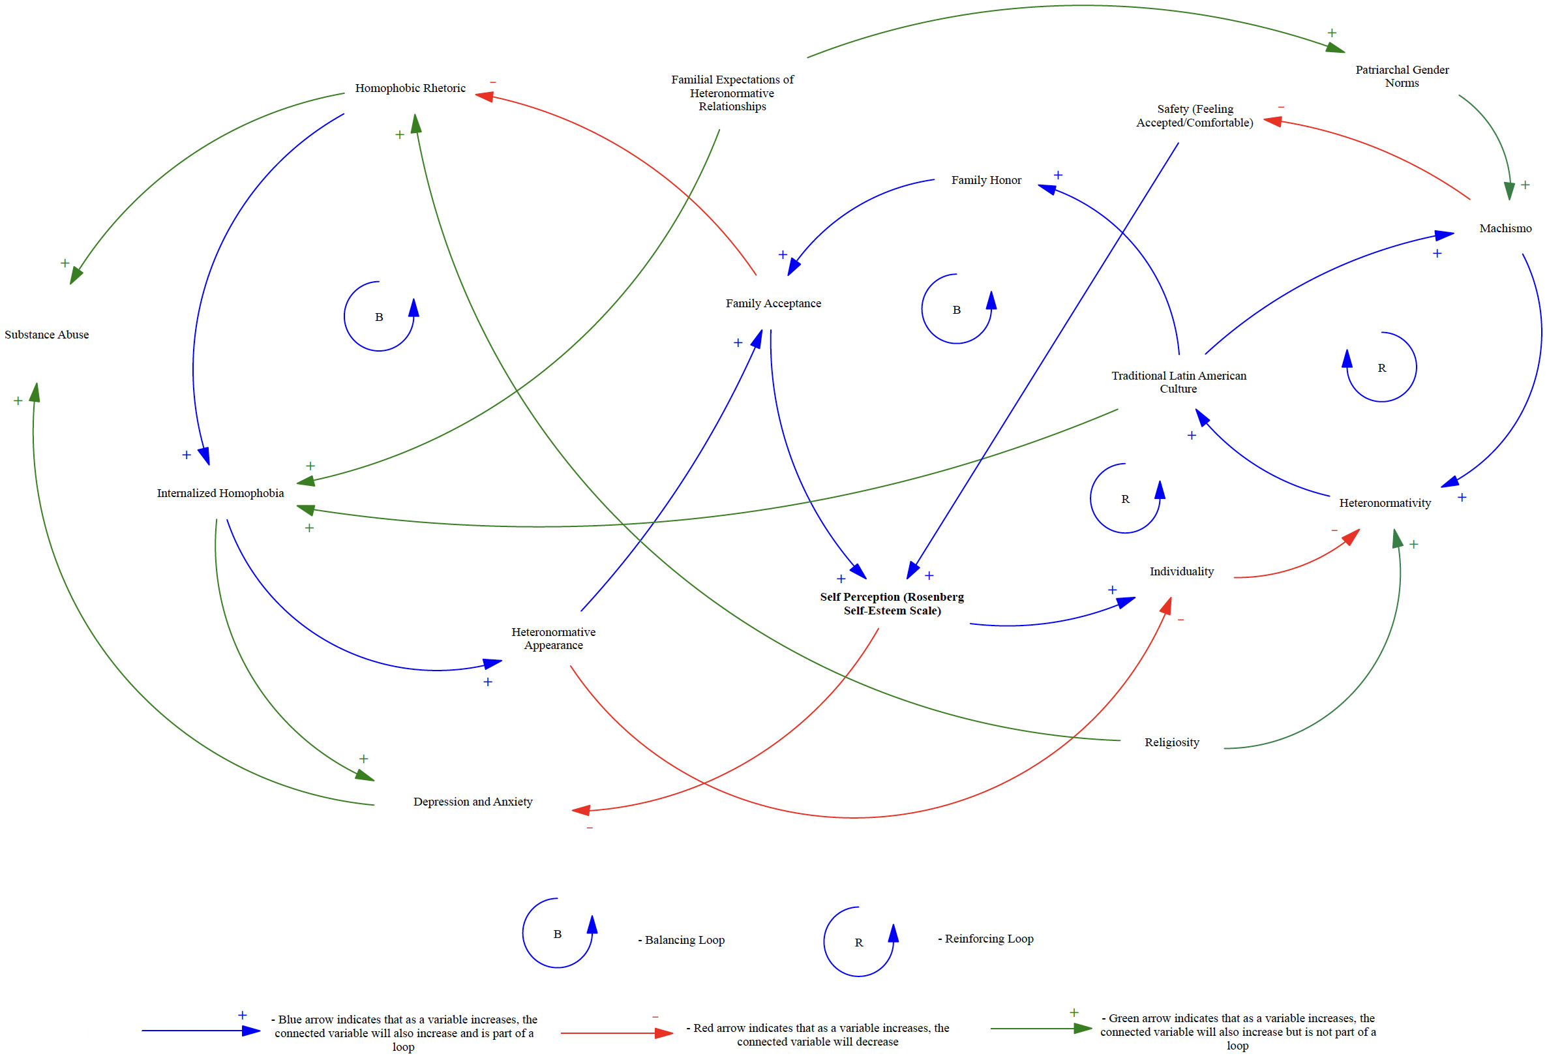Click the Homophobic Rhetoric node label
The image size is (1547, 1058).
(410, 88)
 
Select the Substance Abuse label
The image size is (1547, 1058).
(46, 335)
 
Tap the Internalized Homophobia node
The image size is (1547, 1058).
(220, 493)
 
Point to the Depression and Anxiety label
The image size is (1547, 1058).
(473, 802)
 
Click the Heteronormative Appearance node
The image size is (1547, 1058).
(553, 639)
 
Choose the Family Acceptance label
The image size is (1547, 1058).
(773, 303)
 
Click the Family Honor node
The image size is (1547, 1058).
(986, 181)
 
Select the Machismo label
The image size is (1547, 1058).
(1505, 228)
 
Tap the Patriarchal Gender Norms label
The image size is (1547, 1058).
(1402, 76)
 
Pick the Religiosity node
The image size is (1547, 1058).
(1171, 742)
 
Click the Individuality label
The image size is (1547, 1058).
(1182, 571)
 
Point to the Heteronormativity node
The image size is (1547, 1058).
(1385, 504)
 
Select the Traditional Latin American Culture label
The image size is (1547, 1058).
(1179, 382)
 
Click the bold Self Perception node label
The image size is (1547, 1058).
(892, 604)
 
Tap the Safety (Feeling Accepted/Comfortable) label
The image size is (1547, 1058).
(1195, 116)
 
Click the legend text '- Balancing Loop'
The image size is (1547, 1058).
(681, 940)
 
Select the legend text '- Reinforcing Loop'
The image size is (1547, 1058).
(985, 939)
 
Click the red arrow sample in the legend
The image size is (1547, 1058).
(616, 1033)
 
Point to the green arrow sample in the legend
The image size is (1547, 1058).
(1041, 1029)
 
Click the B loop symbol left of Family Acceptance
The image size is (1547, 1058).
(379, 317)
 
